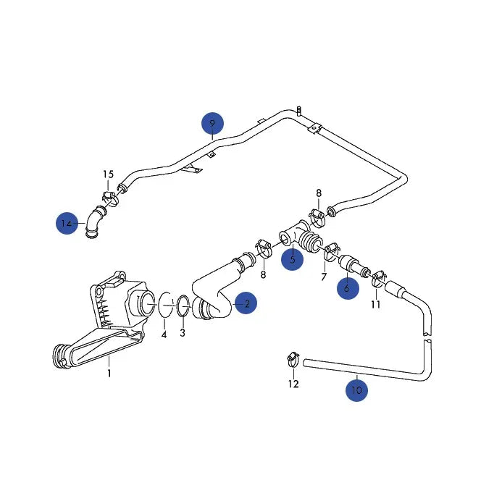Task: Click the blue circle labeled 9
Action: [x=212, y=124]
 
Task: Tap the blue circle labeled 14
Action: [x=67, y=224]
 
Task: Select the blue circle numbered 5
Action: [x=293, y=258]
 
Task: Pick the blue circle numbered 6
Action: [x=347, y=287]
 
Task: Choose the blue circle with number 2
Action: [x=246, y=303]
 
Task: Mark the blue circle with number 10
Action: [x=356, y=390]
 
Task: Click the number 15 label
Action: [x=108, y=174]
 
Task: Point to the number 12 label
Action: [x=293, y=384]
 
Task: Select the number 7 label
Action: [x=324, y=277]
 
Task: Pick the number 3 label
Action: [x=183, y=332]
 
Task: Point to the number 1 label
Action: [x=109, y=374]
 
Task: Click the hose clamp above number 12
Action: [x=292, y=357]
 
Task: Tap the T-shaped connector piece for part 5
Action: [x=293, y=236]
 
